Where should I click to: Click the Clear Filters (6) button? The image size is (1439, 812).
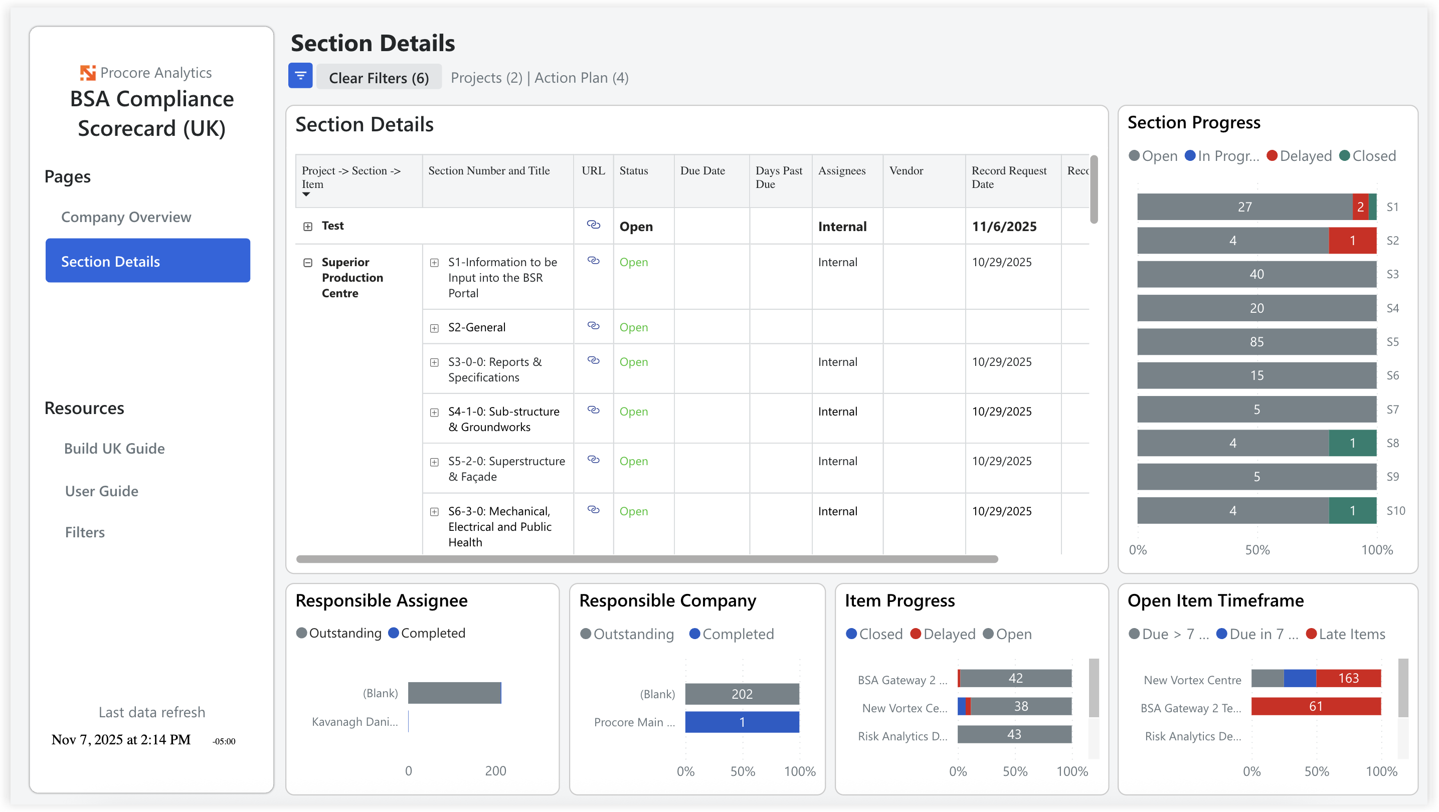(378, 78)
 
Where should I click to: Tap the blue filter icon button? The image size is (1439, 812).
(300, 76)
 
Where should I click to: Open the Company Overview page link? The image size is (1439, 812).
(126, 217)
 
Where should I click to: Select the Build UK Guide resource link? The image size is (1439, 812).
(114, 449)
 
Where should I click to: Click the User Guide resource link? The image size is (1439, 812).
(101, 491)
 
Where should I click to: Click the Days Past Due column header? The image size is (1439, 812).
(778, 177)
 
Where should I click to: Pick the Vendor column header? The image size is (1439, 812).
(906, 171)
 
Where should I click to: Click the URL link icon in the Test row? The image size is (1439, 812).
(593, 225)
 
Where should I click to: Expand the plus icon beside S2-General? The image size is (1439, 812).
(434, 328)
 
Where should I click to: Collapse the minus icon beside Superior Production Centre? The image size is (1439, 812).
(307, 263)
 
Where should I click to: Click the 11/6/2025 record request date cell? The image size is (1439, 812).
(1004, 226)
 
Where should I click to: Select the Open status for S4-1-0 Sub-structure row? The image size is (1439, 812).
(633, 412)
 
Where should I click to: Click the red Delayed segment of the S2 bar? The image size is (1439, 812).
(1352, 241)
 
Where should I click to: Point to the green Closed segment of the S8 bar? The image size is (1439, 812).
(1352, 443)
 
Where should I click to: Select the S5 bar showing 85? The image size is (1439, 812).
(1256, 342)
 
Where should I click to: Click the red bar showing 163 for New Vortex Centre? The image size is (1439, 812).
(1347, 678)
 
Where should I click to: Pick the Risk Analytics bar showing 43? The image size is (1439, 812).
(1013, 734)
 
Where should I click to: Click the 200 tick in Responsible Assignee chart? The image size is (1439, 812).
(495, 771)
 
